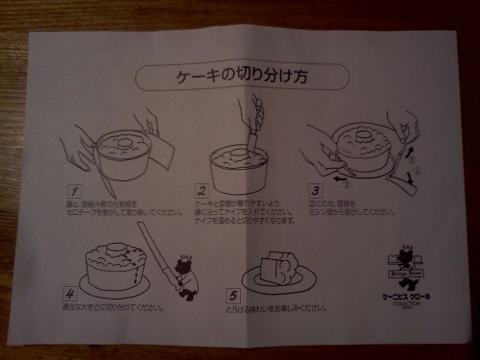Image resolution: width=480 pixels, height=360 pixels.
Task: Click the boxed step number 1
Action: (x=74, y=190)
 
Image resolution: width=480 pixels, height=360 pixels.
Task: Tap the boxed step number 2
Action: (x=202, y=189)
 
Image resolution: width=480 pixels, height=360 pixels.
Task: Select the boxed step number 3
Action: (x=314, y=189)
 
